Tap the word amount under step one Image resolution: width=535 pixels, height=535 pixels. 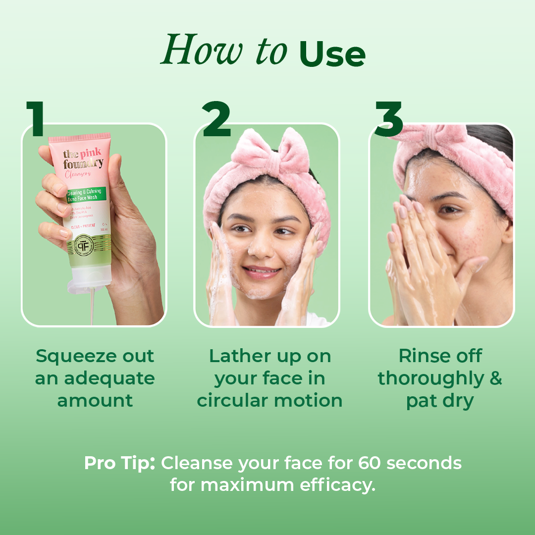click(95, 400)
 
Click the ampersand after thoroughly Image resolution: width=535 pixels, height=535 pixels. click(495, 378)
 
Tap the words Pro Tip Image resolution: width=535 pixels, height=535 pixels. click(119, 463)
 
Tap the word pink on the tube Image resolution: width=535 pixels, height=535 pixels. click(90, 152)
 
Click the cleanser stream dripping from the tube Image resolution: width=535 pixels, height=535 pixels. click(92, 307)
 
